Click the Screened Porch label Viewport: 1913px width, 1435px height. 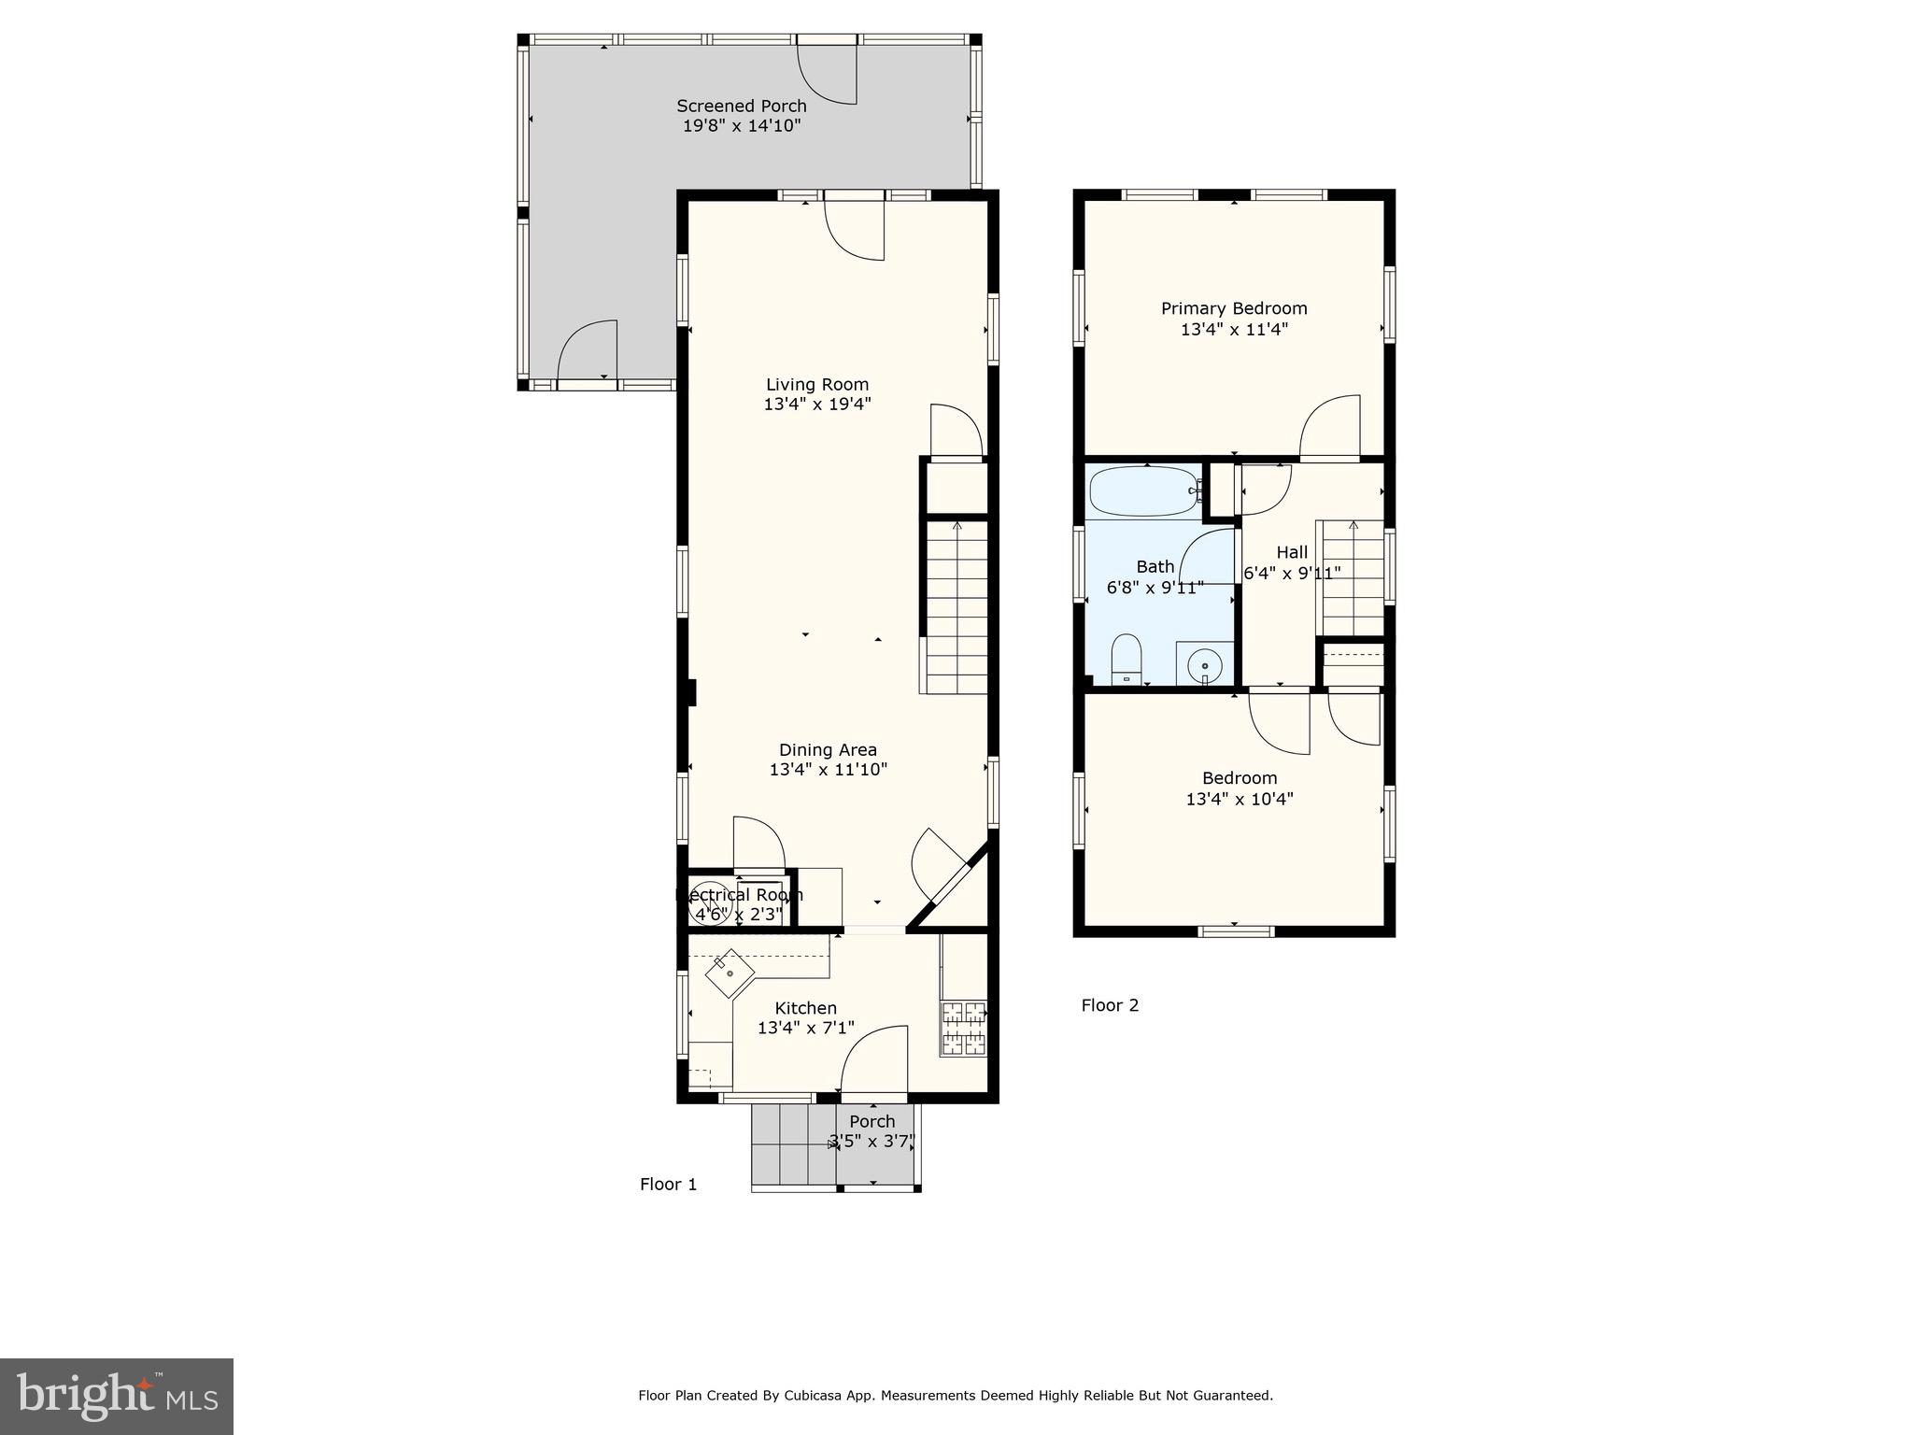click(741, 106)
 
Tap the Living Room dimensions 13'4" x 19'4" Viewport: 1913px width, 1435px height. click(817, 405)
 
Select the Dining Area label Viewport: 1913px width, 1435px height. click(828, 749)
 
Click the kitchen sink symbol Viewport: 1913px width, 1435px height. click(730, 973)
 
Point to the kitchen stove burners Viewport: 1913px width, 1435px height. click(963, 1028)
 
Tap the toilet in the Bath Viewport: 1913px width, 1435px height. click(1127, 658)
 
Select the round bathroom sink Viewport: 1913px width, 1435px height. click(1205, 665)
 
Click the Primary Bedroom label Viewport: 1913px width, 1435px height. click(1234, 308)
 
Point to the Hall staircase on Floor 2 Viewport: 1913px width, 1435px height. click(1352, 579)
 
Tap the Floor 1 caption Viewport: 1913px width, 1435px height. click(668, 1185)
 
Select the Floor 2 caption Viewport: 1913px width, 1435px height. click(1110, 1005)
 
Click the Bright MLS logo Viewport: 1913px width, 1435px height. click(117, 1396)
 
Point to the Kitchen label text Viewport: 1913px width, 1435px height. click(805, 1008)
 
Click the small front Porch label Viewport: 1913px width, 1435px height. click(871, 1121)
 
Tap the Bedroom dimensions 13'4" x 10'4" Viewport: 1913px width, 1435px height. click(1239, 800)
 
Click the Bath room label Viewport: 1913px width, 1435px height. click(1155, 566)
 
